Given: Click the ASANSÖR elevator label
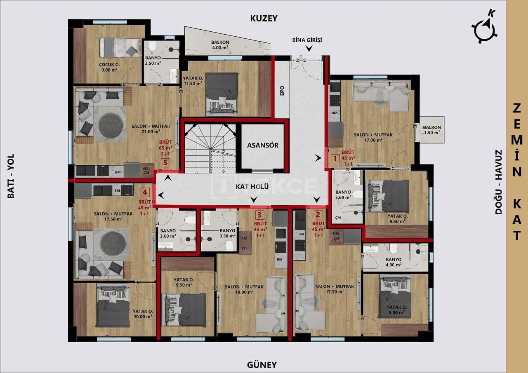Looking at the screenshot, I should [x=263, y=145].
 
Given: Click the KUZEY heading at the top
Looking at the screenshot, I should [x=264, y=18].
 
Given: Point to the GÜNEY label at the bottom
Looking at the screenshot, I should [x=262, y=364].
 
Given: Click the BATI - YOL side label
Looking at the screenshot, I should [x=11, y=176].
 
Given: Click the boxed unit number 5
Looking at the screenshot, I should [x=165, y=162].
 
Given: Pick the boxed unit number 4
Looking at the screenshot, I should [x=144, y=192].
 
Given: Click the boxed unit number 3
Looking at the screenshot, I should [x=259, y=214].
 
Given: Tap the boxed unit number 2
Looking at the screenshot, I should [x=317, y=214].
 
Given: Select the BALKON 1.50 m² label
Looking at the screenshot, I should [x=432, y=130].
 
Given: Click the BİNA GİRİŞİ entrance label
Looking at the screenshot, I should [x=306, y=40].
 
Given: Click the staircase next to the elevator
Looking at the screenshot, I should [x=210, y=148].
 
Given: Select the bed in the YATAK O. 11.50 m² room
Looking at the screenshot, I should [x=222, y=92].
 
